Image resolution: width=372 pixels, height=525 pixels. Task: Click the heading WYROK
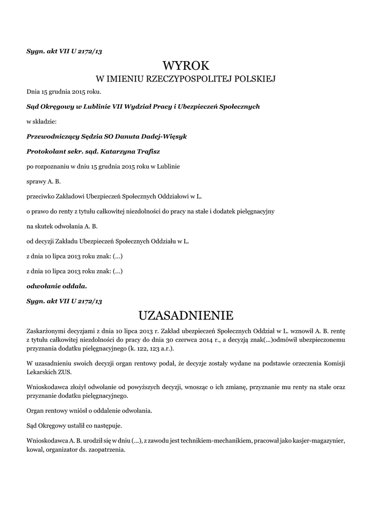coord(186,66)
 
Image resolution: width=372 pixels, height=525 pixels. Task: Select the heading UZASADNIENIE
coord(186,314)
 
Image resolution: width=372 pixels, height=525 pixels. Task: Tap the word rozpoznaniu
coord(53,167)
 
